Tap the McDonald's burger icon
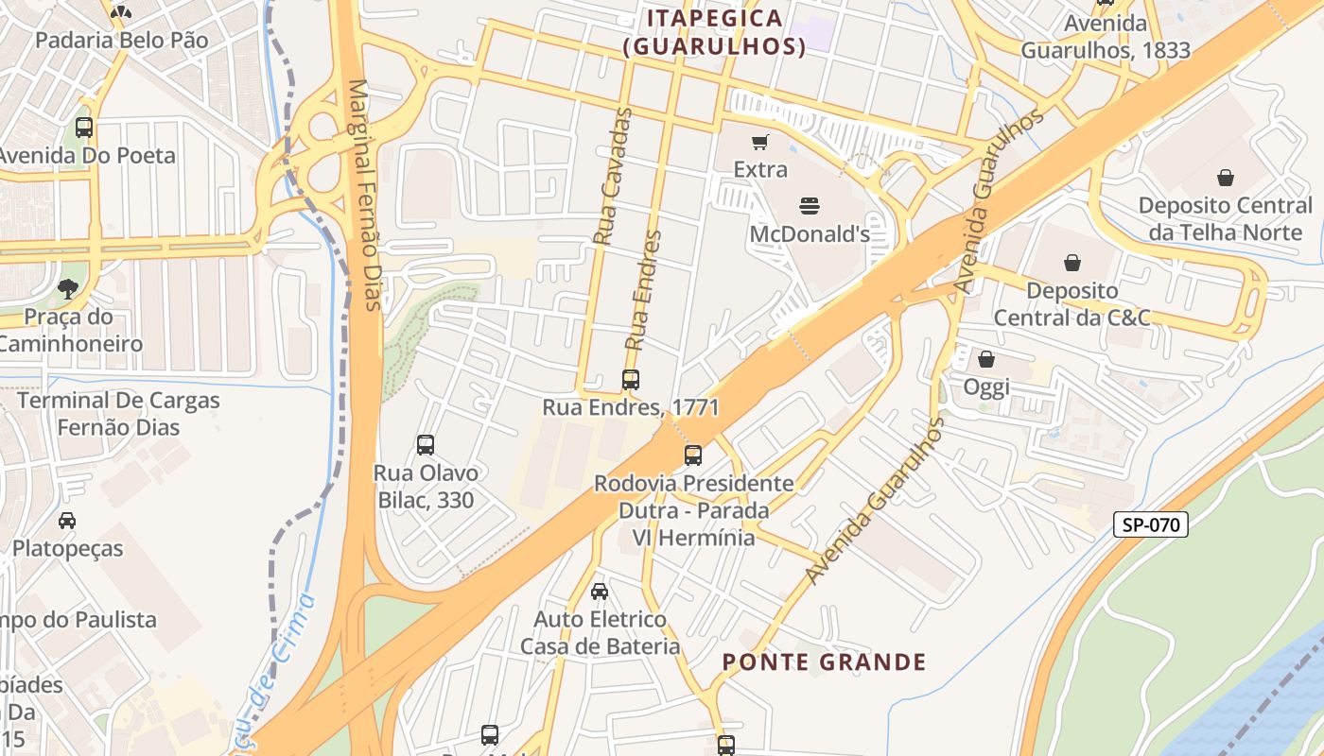pos(809,205)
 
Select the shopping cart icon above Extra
pos(760,143)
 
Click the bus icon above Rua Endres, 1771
pos(631,380)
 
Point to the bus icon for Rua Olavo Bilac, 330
pos(426,444)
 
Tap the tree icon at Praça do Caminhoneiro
pos(68,288)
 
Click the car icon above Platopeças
pos(67,521)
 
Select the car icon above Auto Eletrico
pos(600,592)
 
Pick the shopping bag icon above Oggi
pos(986,359)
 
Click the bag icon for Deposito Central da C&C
pos(1072,262)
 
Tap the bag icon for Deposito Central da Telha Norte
pos(1226,177)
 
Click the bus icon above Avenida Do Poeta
pos(84,127)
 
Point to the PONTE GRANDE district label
pos(825,661)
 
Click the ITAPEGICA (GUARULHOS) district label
pos(715,32)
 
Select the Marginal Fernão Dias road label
pos(364,194)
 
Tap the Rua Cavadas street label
pos(612,177)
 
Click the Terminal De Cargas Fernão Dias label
pos(118,414)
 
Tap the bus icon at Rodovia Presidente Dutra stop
pos(693,455)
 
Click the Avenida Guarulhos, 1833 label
pos(1106,37)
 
